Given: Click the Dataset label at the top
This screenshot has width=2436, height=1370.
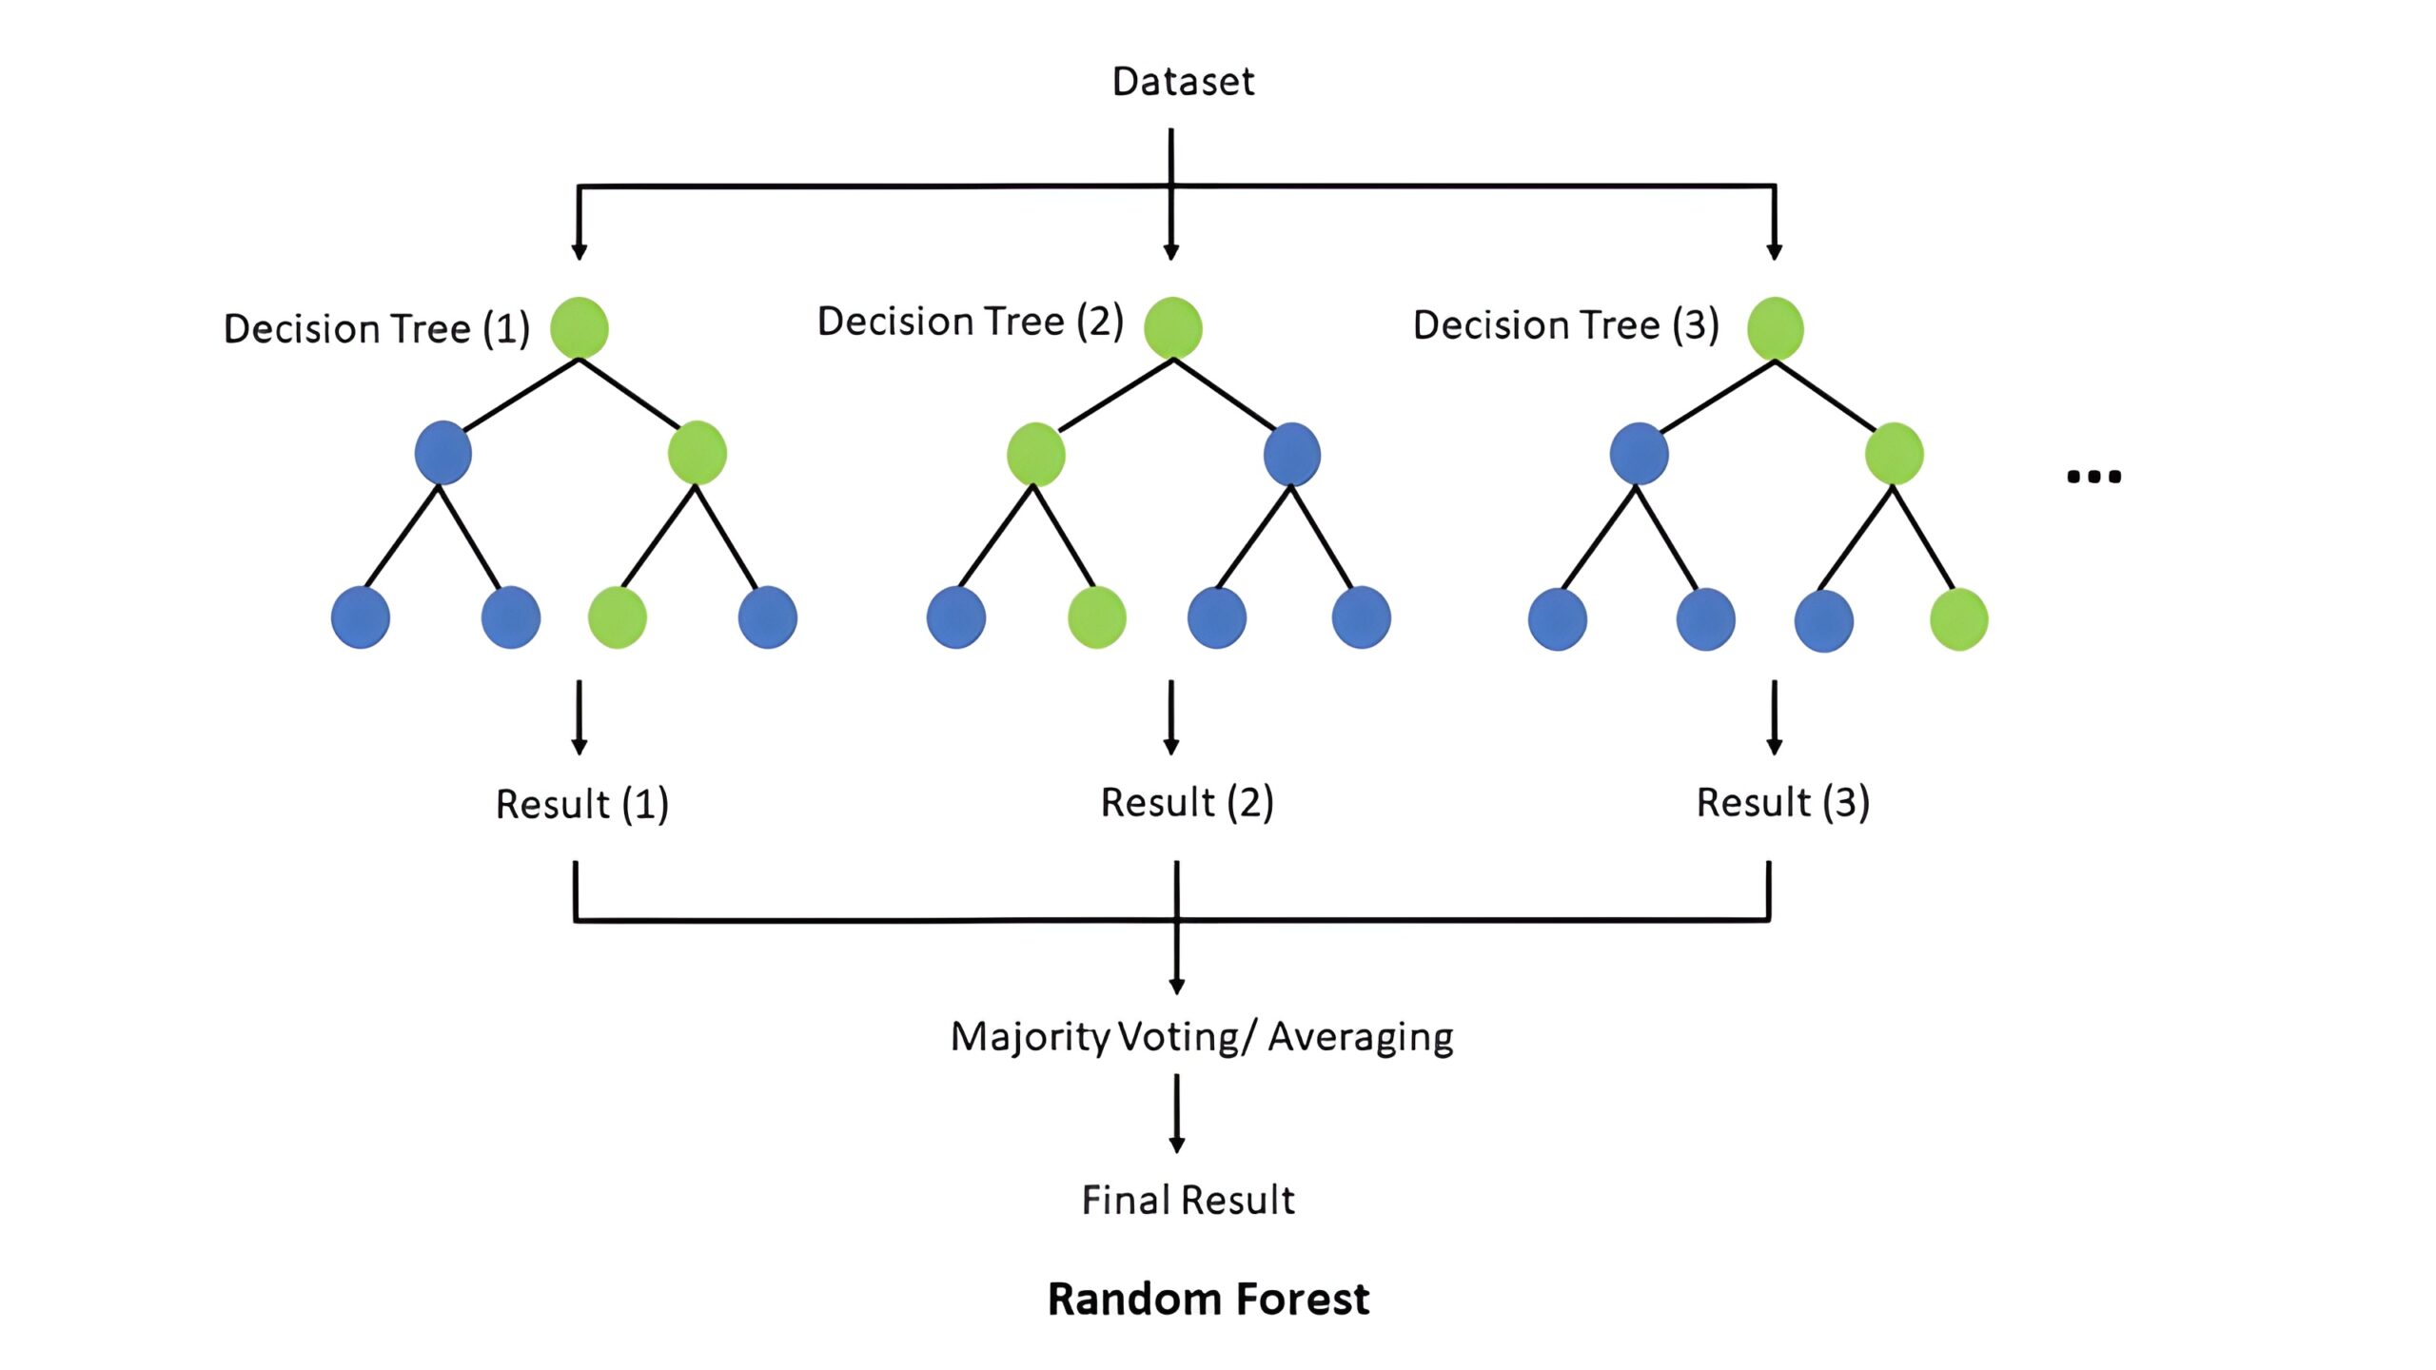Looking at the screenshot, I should tap(1183, 82).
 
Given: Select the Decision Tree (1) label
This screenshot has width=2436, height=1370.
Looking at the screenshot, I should tap(376, 329).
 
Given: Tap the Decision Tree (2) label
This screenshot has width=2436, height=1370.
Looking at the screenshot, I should tap(970, 322).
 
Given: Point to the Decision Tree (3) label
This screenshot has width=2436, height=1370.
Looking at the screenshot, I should tap(1565, 325).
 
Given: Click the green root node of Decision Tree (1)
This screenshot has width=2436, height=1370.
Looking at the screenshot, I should tap(579, 327).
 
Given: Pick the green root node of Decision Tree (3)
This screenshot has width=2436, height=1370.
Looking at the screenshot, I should tap(1775, 328).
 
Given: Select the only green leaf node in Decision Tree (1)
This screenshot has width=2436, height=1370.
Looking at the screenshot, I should tap(617, 617).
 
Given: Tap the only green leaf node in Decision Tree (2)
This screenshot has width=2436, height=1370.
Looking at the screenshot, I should tap(1096, 617).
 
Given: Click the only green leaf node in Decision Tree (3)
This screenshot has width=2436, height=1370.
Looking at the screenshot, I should tap(1958, 619).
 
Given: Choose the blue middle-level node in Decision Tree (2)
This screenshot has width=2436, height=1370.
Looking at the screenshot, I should tap(1291, 454).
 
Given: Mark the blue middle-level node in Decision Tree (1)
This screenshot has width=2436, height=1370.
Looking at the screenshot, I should tap(442, 453).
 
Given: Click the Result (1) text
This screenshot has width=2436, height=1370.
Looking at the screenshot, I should tap(581, 805).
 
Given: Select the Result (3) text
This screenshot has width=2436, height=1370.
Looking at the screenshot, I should tap(1782, 803).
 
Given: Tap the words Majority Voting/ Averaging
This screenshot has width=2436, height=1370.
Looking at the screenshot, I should tap(1201, 1037).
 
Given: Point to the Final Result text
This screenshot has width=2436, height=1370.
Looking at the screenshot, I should tap(1188, 1201).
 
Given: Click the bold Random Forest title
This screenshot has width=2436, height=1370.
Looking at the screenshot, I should tap(1208, 1300).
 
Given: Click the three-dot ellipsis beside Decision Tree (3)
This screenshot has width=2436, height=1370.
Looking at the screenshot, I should tap(2093, 477).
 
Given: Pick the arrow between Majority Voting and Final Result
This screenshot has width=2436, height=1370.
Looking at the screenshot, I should tap(1177, 1113).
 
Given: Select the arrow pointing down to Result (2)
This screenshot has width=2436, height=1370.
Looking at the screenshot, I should tap(1171, 717).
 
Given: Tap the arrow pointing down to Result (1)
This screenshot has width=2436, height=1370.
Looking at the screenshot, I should tap(579, 717).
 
